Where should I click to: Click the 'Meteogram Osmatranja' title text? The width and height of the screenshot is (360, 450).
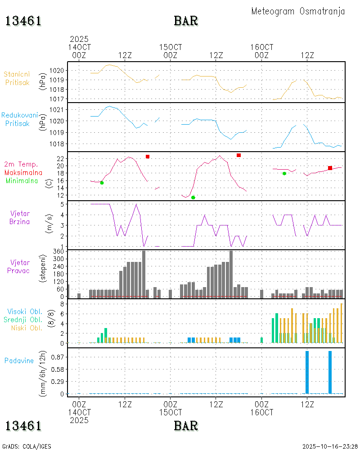click(x=298, y=11)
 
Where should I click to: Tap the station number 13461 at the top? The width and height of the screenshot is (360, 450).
click(x=23, y=21)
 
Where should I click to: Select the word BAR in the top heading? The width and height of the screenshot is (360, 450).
click(x=186, y=21)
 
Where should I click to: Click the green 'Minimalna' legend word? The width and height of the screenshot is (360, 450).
click(x=22, y=181)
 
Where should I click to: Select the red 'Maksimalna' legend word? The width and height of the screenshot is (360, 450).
click(x=23, y=173)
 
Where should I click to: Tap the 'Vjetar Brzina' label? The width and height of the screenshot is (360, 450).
click(x=20, y=217)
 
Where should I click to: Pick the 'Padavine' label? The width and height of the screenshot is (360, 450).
click(x=19, y=360)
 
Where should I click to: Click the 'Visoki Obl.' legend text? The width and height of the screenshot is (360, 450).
click(x=25, y=311)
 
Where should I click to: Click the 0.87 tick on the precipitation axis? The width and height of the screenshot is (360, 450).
click(x=59, y=357)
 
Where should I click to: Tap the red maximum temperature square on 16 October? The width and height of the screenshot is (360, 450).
click(x=330, y=168)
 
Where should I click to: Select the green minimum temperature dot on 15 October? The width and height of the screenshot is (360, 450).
click(x=193, y=198)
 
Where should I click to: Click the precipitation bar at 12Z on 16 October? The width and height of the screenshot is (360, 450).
click(x=307, y=372)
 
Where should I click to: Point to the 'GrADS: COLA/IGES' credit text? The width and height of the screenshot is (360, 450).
click(x=27, y=446)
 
